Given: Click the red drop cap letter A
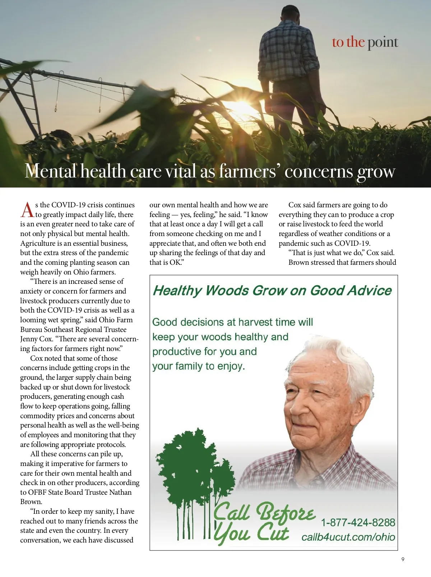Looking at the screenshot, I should click(27, 210).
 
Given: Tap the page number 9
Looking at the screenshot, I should click(403, 559).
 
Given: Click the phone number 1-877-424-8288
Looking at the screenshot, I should click(358, 522).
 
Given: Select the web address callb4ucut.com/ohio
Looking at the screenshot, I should click(348, 537).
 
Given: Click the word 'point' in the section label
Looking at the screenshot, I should click(383, 42).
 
